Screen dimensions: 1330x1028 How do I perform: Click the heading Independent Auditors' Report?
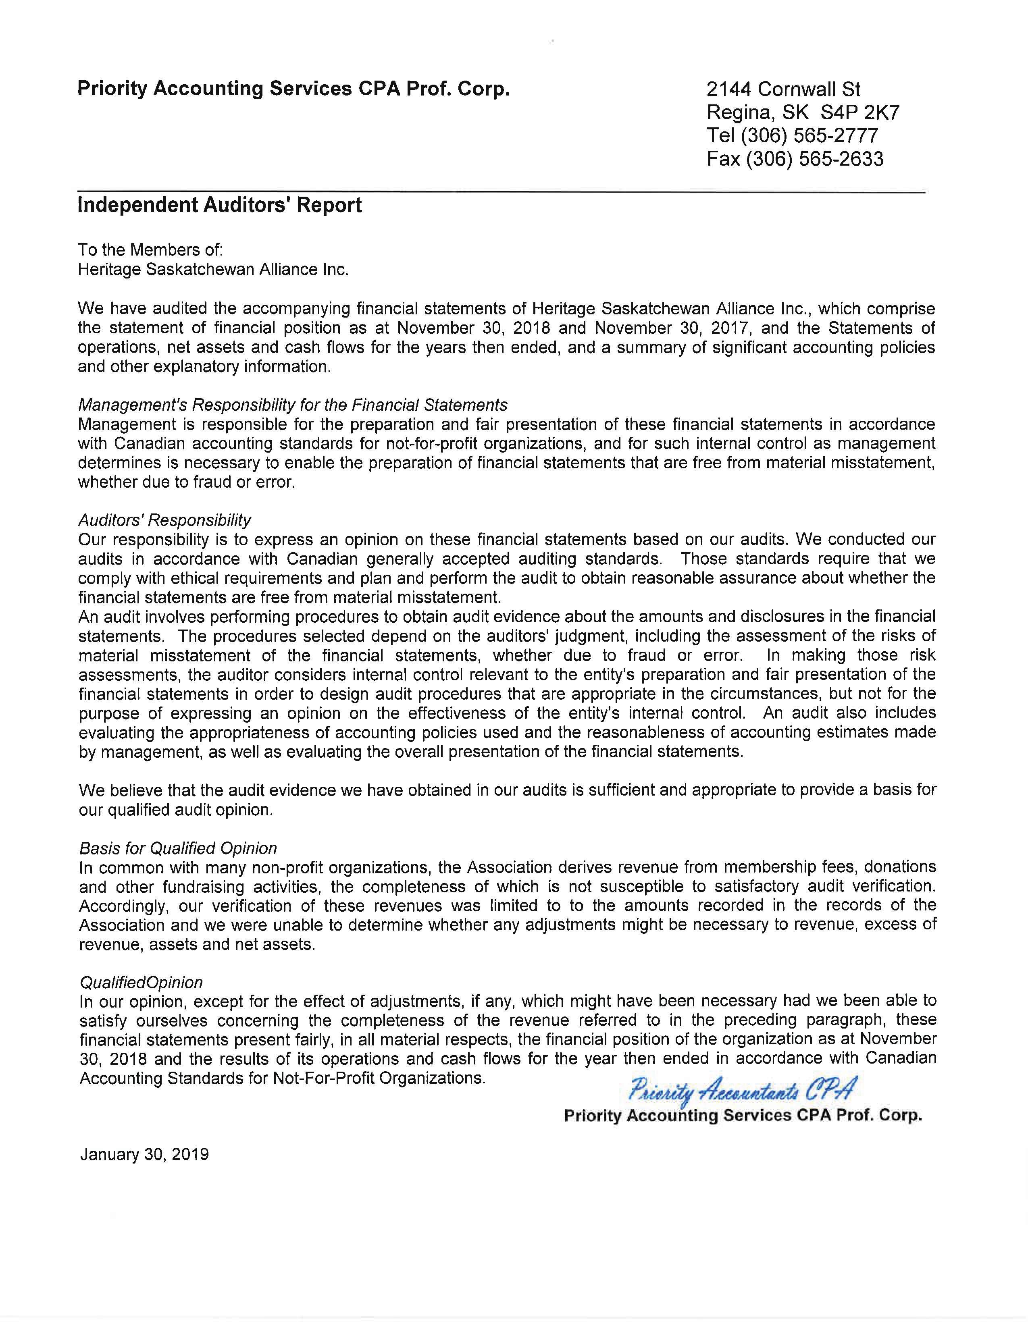click(219, 205)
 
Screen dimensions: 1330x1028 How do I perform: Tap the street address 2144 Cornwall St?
click(783, 89)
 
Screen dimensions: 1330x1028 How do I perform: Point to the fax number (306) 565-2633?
click(812, 159)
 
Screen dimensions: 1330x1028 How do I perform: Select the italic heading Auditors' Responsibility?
click(164, 520)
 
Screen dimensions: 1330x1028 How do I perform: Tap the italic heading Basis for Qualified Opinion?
click(178, 848)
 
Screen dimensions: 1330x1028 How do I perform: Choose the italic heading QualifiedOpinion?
click(141, 982)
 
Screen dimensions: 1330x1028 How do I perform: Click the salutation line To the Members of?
click(150, 250)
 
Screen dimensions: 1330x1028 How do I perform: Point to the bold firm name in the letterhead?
click(293, 89)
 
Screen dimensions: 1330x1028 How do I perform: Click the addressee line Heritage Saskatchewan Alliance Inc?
click(213, 269)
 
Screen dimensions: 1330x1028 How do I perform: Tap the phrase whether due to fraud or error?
click(186, 482)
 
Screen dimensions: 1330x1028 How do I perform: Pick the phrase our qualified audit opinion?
click(176, 810)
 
